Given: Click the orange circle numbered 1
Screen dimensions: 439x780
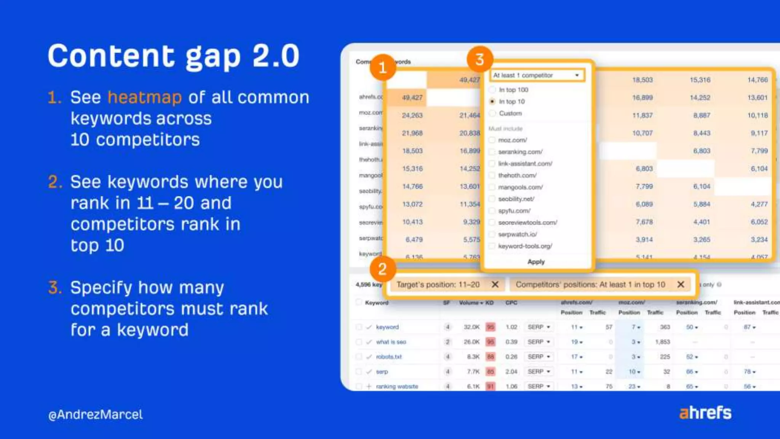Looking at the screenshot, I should click(383, 68).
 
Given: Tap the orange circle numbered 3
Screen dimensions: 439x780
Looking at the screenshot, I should click(480, 59).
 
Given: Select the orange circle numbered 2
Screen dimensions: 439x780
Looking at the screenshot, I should click(383, 269).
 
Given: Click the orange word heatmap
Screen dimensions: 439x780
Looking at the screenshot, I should click(145, 98).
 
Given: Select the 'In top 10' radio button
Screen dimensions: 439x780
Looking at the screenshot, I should click(492, 101).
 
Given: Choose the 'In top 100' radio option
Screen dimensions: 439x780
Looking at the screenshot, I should click(492, 90).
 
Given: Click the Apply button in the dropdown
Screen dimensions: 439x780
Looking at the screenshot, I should click(536, 262).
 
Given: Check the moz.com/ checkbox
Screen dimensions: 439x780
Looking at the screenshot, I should click(492, 140).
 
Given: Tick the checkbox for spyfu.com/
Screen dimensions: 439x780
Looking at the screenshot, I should click(492, 211).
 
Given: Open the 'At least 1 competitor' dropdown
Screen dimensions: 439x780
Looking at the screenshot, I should click(537, 75).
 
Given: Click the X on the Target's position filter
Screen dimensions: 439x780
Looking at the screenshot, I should click(495, 284).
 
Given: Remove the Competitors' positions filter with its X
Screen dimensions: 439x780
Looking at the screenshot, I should click(681, 284).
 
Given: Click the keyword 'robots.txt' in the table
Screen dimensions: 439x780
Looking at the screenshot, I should click(389, 357).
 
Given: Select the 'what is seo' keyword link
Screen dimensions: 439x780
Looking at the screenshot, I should click(391, 342).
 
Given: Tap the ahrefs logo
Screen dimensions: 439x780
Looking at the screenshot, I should click(705, 413).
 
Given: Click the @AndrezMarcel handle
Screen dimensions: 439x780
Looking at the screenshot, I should click(96, 415).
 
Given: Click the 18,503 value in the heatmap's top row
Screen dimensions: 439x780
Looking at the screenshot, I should click(643, 80).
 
